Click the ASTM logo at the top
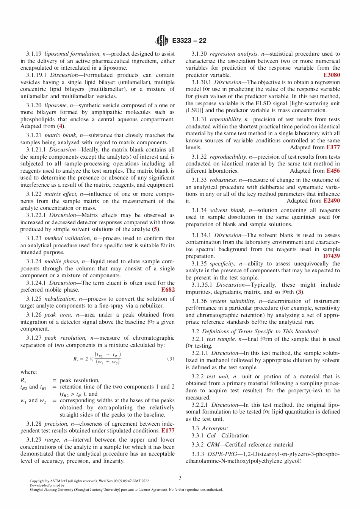162,41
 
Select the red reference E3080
332,75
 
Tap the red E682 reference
168,290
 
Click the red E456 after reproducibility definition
333,171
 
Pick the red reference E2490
332,201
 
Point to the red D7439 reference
331,256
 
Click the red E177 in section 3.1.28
168,431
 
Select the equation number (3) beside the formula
171,359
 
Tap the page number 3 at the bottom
180,478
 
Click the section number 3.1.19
34,54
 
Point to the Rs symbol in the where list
23,380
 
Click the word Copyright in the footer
37,481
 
